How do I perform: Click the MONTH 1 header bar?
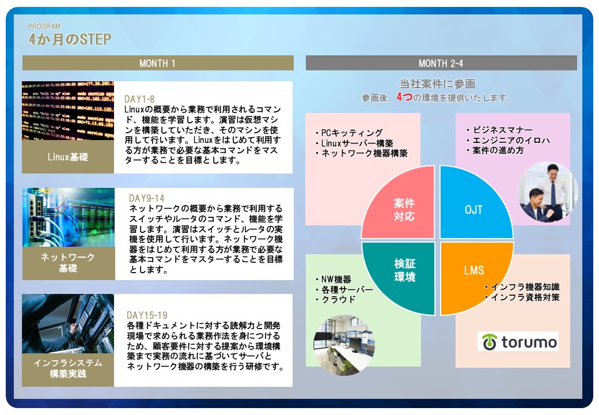click(158, 63)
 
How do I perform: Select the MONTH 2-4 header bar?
click(441, 63)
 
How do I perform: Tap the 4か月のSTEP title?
click(70, 39)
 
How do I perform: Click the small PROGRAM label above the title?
click(44, 26)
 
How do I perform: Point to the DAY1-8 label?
click(139, 99)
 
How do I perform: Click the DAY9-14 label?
click(147, 198)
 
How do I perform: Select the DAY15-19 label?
click(147, 315)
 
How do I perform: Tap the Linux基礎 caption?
click(68, 157)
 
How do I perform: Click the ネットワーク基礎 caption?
click(68, 262)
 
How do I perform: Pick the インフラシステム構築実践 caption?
click(68, 368)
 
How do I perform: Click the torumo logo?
click(518, 342)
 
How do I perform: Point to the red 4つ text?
click(404, 97)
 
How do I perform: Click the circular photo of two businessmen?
click(547, 192)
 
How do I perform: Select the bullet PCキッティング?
click(349, 133)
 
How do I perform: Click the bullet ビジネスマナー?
click(499, 130)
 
